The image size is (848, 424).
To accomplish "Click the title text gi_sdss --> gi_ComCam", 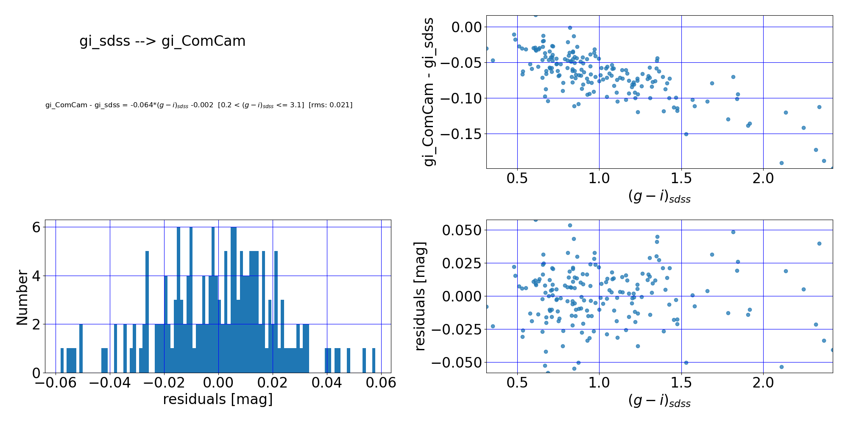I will pos(162,41).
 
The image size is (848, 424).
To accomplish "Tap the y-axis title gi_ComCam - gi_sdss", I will pos(430,92).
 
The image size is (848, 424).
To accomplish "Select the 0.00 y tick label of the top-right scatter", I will pos(467,27).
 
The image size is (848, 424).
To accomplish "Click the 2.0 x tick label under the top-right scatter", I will pos(763,178).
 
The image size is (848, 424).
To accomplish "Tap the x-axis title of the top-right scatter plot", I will pos(659,196).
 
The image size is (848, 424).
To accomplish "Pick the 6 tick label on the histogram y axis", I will pos(36,228).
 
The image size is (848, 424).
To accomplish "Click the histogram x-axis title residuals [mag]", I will pos(218,399).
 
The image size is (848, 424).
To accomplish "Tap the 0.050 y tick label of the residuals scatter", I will pos(462,230).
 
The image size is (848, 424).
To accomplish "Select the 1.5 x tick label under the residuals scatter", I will pos(681,383).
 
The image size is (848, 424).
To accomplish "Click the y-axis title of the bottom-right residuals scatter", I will pos(420,296).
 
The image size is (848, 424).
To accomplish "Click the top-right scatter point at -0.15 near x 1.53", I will pos(686,134).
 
